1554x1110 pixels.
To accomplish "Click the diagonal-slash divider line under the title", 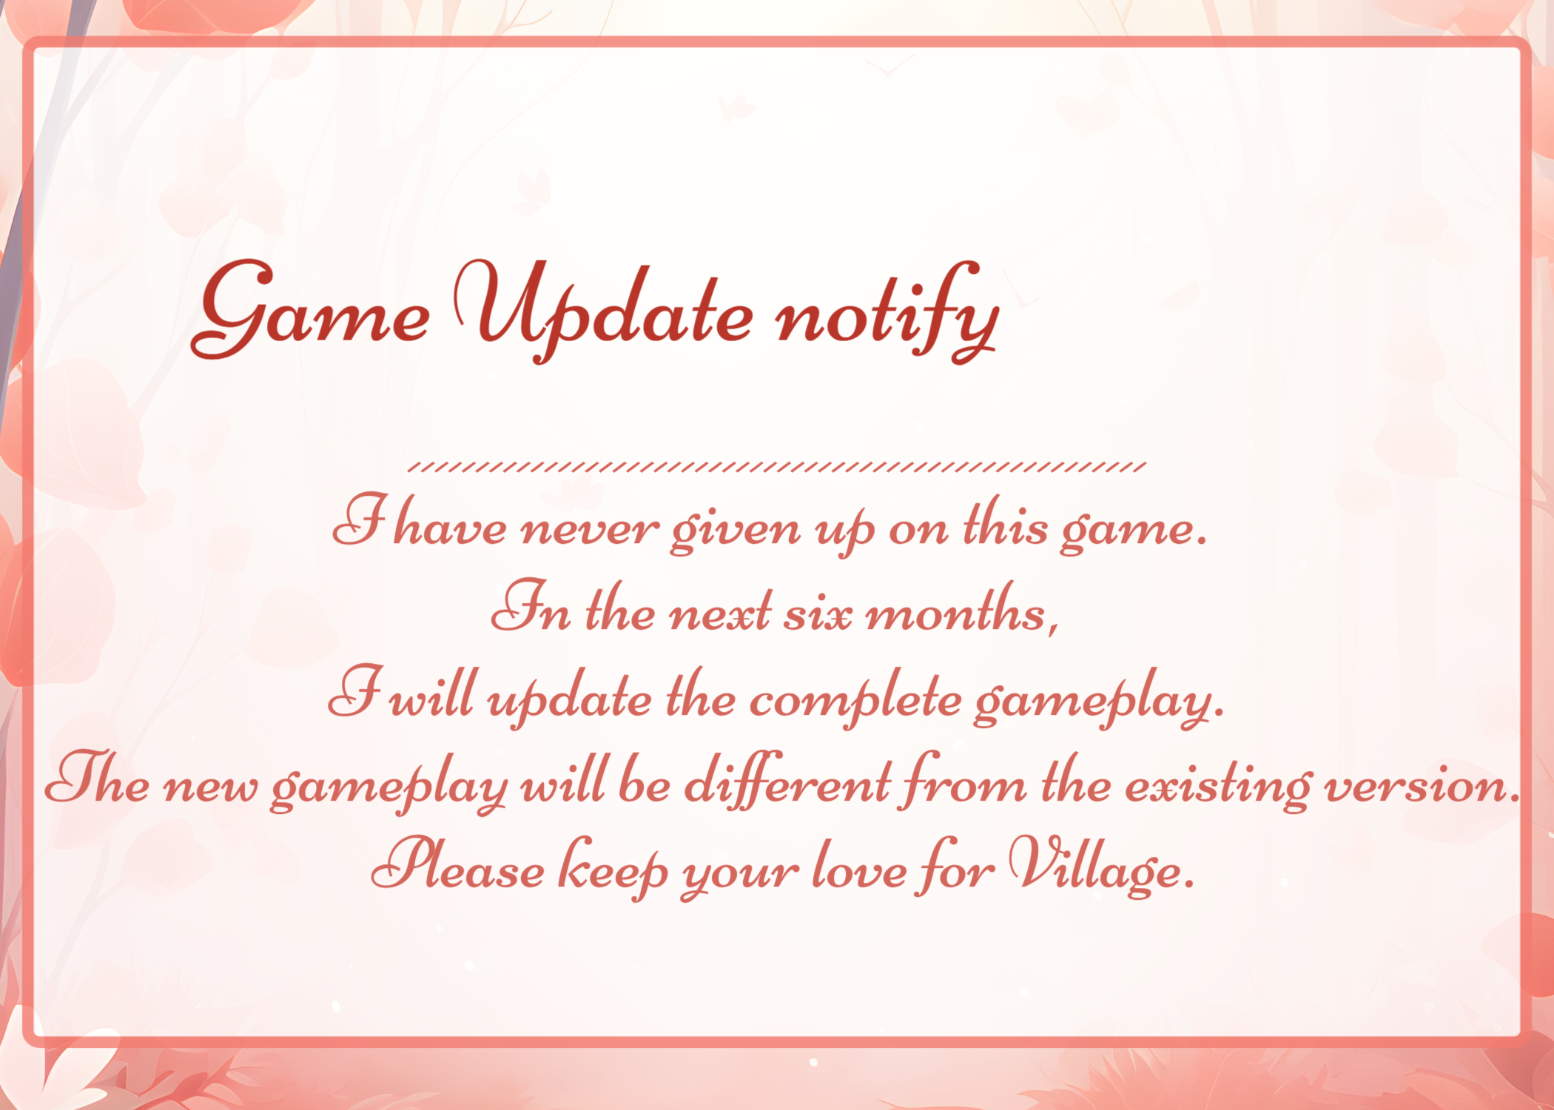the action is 777,466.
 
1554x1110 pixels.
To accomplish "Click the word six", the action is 818,614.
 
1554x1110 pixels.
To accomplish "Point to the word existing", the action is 1218,785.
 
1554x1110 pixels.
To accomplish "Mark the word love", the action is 859,866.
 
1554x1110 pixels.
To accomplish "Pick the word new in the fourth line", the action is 210,787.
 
